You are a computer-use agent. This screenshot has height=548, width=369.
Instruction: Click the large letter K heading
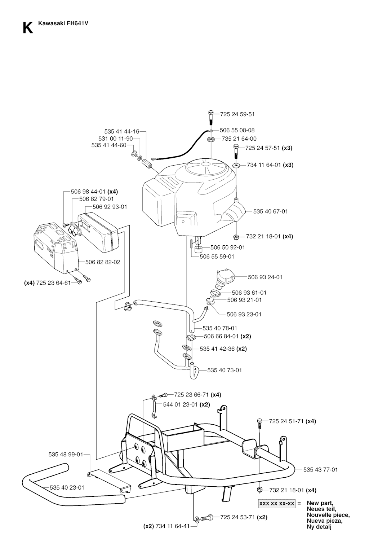[27, 28]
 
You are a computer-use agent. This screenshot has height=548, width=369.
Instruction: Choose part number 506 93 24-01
[265, 277]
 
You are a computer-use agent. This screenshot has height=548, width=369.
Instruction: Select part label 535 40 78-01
[219, 328]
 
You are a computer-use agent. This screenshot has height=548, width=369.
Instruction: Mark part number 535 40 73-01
[224, 370]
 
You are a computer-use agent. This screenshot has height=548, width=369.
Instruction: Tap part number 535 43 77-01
[320, 470]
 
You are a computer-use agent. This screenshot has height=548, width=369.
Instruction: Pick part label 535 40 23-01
[67, 487]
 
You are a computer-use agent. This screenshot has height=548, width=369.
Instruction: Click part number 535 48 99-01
[66, 455]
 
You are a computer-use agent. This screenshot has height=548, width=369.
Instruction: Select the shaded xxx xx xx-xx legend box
[276, 503]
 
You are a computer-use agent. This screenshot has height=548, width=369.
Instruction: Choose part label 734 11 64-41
[172, 526]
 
